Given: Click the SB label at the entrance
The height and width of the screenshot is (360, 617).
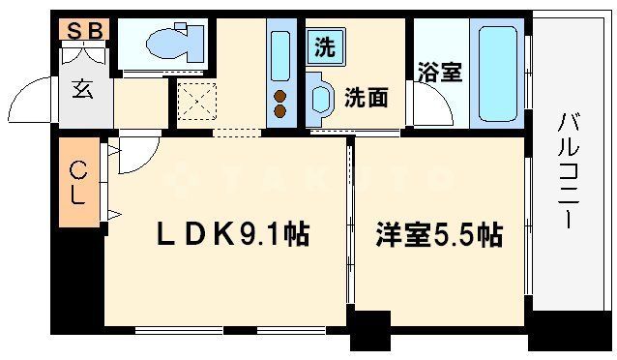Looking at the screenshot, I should tap(85, 30).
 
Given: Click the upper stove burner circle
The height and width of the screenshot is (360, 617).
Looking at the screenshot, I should tap(280, 96).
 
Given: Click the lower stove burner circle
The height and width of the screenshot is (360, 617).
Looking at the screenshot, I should tap(280, 111).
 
